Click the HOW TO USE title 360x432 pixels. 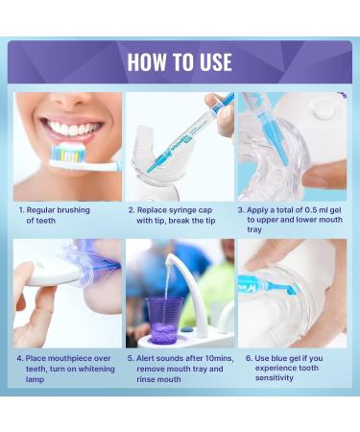pyautogui.click(x=180, y=62)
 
